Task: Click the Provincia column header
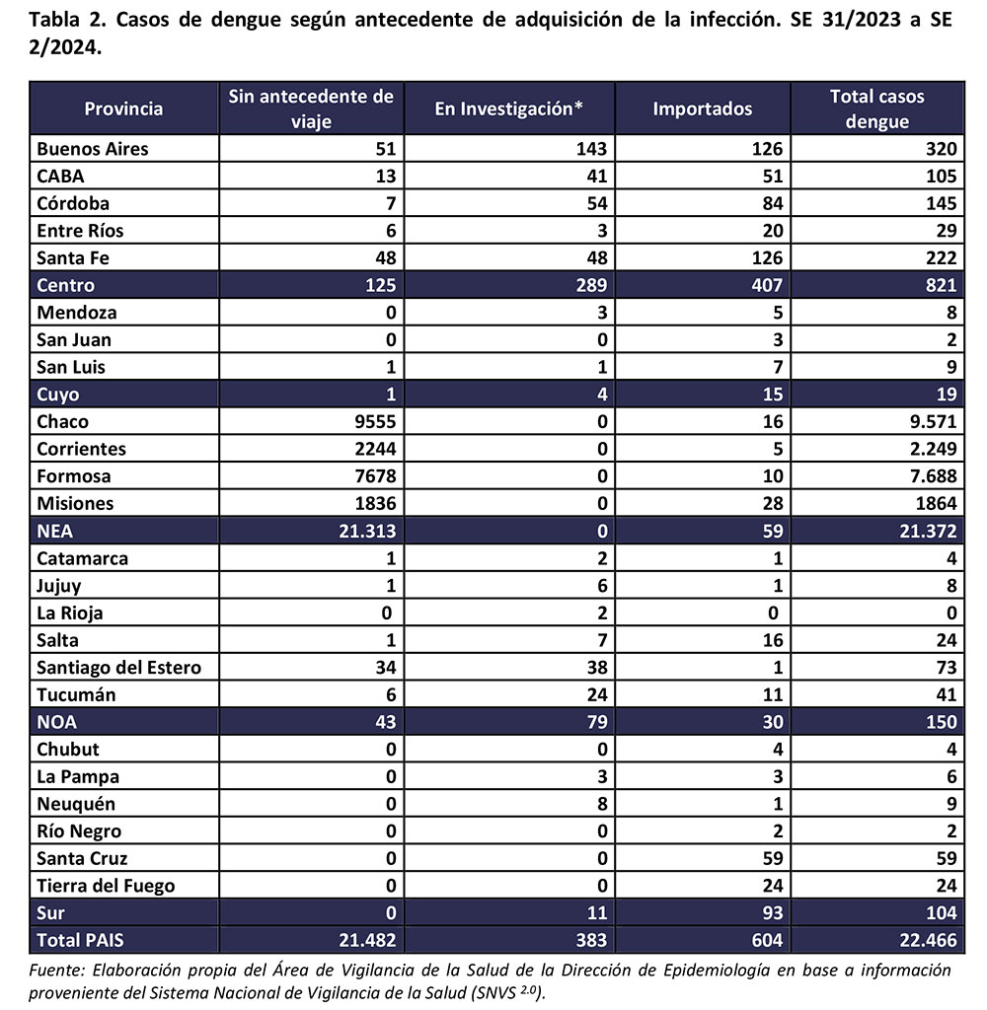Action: (123, 108)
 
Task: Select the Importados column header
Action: (702, 108)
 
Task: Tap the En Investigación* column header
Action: (509, 108)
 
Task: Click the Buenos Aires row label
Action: (93, 149)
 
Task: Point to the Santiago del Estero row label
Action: (118, 668)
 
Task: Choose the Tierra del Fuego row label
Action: (106, 886)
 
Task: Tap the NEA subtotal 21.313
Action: (360, 531)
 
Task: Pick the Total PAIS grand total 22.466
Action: (923, 940)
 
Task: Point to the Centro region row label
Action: (65, 286)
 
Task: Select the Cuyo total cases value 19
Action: (946, 395)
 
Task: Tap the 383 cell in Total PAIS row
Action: (590, 940)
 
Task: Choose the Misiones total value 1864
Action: (931, 504)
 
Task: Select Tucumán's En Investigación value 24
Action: (595, 694)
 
